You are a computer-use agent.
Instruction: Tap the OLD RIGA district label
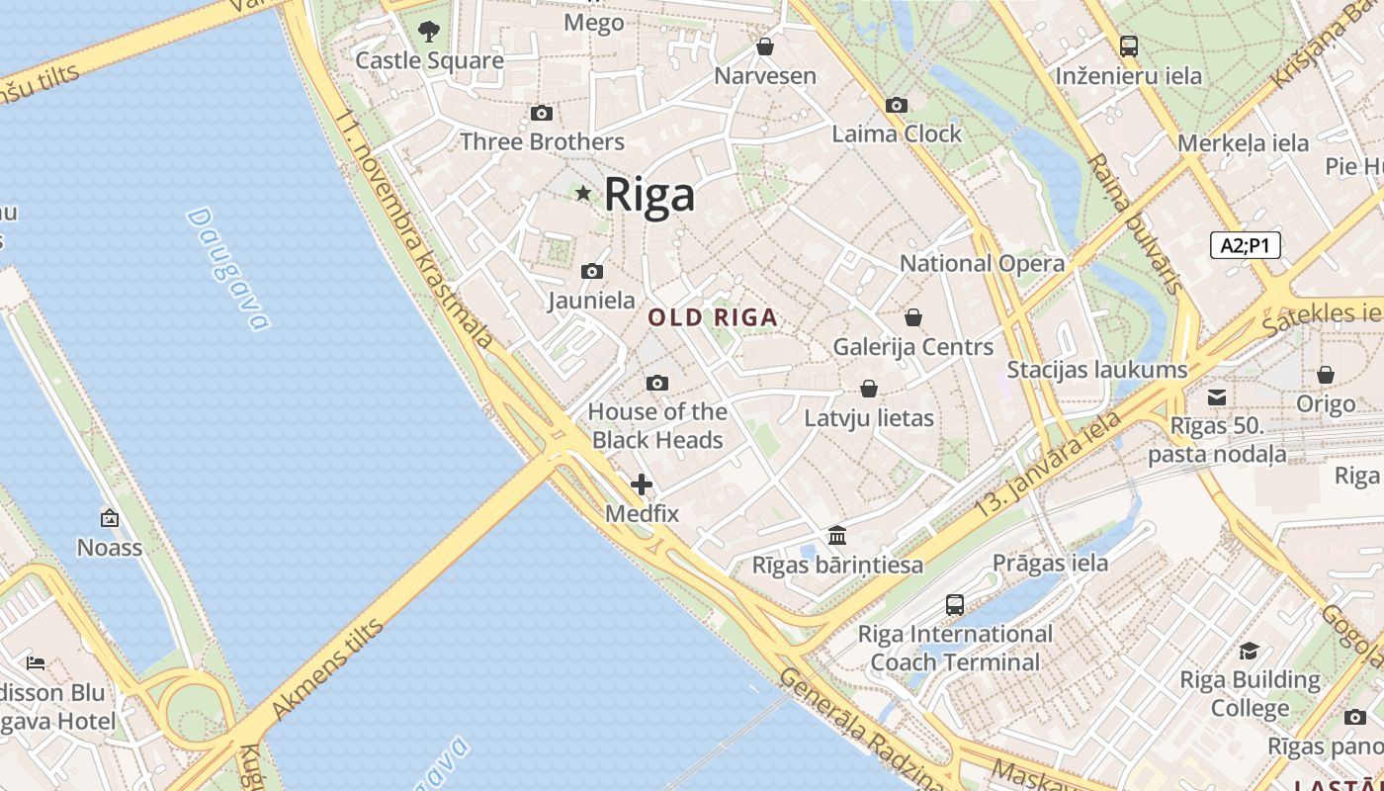(x=713, y=318)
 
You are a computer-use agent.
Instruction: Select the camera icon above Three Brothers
(x=542, y=114)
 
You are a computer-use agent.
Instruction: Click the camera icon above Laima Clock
(x=897, y=105)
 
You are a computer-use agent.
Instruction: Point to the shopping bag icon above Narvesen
(x=764, y=46)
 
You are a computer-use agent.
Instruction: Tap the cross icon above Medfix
(x=642, y=484)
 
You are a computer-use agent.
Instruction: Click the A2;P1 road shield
(x=1245, y=245)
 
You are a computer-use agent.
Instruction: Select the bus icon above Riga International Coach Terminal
(x=955, y=604)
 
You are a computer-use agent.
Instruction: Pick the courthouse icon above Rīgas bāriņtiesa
(x=837, y=536)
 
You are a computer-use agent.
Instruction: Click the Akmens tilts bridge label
(x=326, y=669)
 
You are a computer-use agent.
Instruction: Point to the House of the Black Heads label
(x=657, y=426)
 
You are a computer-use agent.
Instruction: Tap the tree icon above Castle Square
(x=428, y=32)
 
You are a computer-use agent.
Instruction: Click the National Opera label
(x=982, y=263)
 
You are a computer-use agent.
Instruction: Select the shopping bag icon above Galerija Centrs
(x=913, y=317)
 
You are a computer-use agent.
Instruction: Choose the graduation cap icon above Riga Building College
(x=1250, y=651)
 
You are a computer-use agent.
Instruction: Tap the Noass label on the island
(x=110, y=548)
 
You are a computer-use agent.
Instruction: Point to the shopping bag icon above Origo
(x=1326, y=375)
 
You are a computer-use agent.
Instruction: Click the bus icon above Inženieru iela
(x=1128, y=45)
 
